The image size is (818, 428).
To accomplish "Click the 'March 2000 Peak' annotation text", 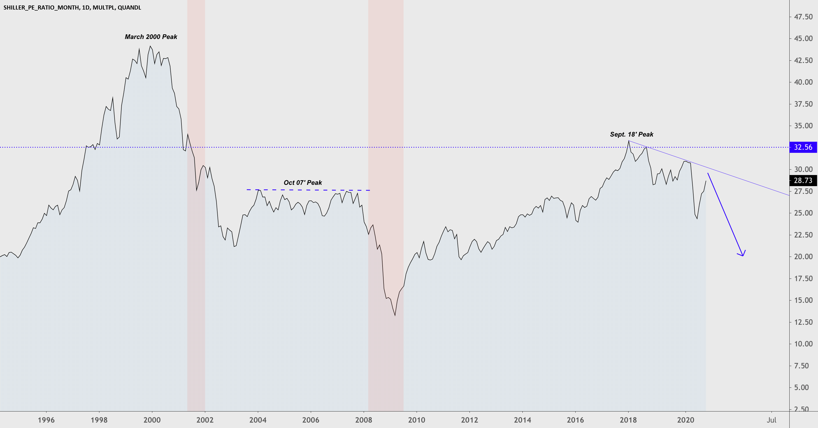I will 151,37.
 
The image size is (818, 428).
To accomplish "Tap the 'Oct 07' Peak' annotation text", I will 303,183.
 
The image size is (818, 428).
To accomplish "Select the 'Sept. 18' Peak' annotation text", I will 631,134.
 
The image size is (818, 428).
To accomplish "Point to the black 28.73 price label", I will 803,181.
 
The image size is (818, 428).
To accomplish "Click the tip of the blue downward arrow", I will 743,256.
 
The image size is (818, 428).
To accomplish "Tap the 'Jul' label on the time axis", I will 771,420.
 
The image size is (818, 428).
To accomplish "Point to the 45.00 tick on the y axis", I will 803,38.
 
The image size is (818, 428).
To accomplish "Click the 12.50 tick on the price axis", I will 803,322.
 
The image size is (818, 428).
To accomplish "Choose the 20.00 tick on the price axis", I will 803,257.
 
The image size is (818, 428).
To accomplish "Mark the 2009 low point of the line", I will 395,315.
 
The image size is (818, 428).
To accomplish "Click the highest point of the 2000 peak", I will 150,46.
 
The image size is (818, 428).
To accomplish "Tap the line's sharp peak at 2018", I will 629,141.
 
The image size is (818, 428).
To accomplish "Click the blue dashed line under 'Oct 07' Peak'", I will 308,190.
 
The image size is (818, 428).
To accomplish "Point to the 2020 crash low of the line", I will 697,218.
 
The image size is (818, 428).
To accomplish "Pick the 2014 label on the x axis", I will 522,420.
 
